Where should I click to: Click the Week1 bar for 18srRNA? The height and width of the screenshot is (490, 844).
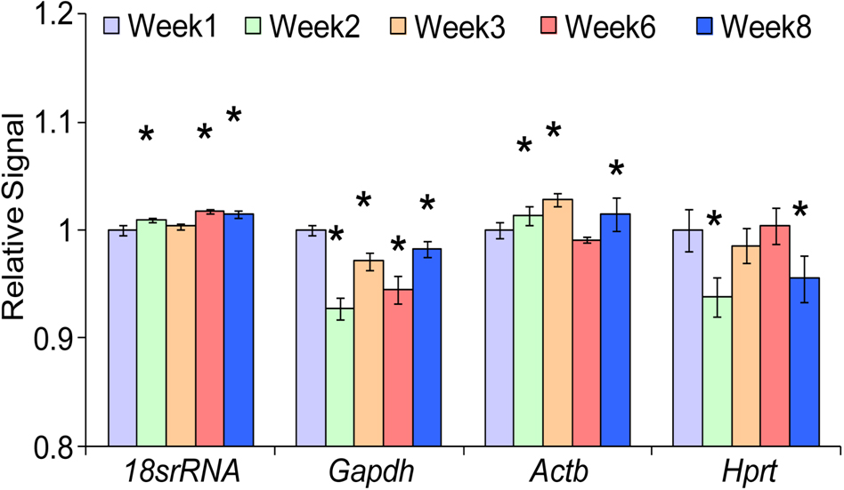pos(122,337)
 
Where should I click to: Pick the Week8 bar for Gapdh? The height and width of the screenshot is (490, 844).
pos(426,347)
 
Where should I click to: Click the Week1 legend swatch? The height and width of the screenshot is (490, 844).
pos(111,27)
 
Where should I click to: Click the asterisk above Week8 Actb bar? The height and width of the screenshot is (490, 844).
pos(616,170)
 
